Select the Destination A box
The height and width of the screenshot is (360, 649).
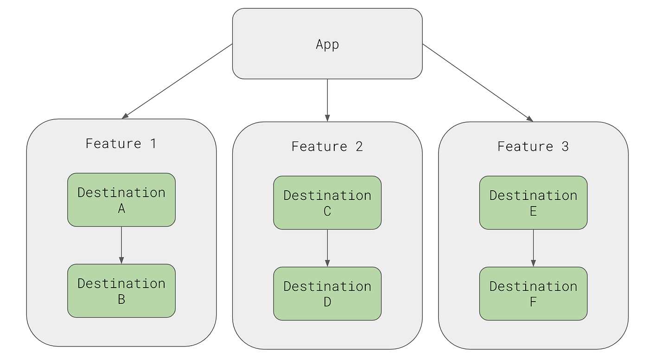[x=121, y=200]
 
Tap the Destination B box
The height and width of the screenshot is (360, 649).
[x=121, y=291]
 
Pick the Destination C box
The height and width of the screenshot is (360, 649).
[x=327, y=203]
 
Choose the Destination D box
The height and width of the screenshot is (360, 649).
[x=327, y=294]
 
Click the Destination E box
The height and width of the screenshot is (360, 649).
[x=533, y=203]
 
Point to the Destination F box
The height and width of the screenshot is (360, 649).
[x=533, y=294]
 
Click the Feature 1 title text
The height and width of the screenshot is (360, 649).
[x=121, y=143]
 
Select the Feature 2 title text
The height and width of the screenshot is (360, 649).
[x=327, y=146]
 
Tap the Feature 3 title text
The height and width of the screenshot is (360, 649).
[x=533, y=146]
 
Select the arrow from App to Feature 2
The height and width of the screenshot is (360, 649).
[x=327, y=100]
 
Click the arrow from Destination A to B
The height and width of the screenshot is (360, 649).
[x=121, y=245]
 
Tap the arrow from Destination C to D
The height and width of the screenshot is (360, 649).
[x=327, y=248]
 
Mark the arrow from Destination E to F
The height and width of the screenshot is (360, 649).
[x=533, y=248]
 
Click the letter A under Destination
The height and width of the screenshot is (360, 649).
[x=121, y=209]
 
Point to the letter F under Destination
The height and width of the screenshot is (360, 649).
[x=533, y=302]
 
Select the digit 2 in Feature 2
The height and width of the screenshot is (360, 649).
[x=359, y=146]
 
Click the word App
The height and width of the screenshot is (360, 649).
[x=327, y=44]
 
